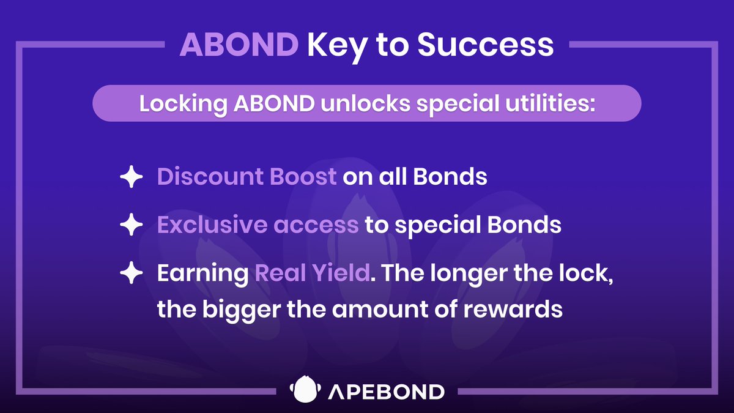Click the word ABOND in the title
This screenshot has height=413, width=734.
point(239,45)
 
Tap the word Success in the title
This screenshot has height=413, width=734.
point(485,45)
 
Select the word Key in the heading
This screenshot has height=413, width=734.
point(337,48)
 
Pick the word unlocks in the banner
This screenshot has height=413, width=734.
point(365,103)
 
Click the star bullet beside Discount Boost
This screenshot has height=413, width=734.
point(132,177)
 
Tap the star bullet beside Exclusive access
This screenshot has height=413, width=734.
point(132,225)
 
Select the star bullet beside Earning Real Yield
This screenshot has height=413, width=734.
point(132,272)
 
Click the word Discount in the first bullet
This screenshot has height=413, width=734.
point(210,176)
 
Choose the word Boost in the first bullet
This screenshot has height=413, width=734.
point(303,176)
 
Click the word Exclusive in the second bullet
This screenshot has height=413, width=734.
point(212,225)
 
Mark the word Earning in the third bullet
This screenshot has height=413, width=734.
point(203,274)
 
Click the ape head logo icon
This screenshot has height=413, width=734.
point(305,389)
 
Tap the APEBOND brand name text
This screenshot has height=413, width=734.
point(387,392)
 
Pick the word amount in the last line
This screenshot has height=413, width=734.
point(380,310)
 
